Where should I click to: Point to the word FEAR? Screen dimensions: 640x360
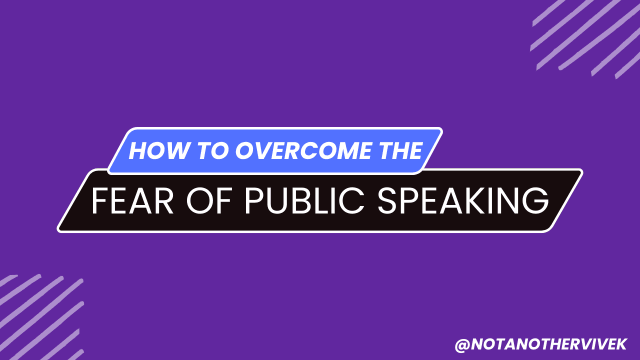(132, 200)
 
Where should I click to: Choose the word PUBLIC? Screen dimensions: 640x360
(304, 200)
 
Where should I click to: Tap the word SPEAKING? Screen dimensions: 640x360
(463, 200)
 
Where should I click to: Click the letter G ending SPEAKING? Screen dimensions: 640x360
(535, 200)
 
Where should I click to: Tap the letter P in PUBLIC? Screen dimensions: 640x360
(254, 200)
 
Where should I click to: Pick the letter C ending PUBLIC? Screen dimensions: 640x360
(351, 200)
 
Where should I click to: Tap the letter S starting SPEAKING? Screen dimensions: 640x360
(386, 200)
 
